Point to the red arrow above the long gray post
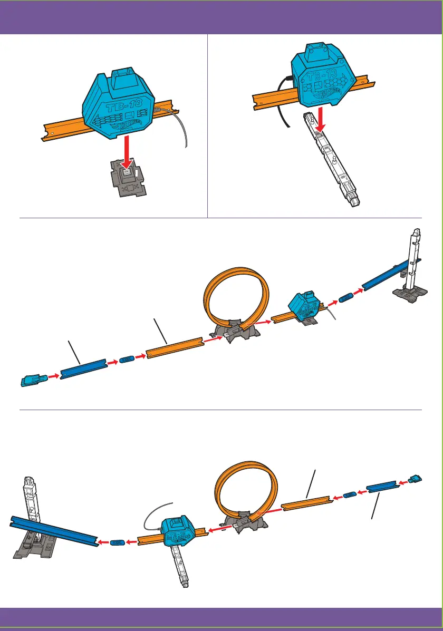tap(320, 123)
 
